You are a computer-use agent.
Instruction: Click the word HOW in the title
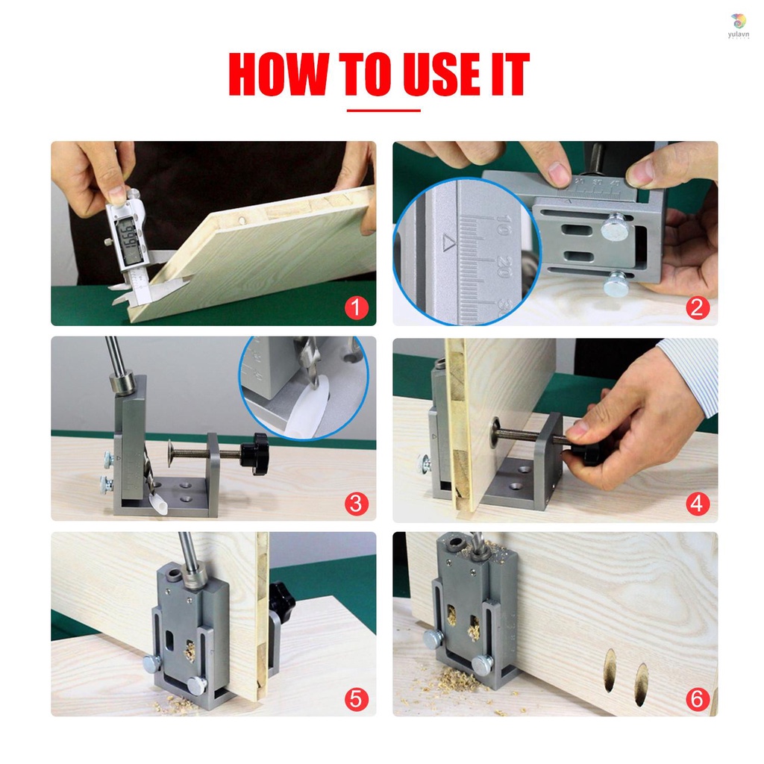coord(278,75)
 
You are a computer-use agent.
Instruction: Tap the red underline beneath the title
coord(383,110)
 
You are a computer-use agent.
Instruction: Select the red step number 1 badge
coord(356,307)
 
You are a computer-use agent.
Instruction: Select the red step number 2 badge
coord(697,307)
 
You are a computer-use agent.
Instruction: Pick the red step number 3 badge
coord(356,504)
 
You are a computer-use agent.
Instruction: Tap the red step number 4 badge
coord(697,504)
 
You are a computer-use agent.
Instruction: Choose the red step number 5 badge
coord(356,699)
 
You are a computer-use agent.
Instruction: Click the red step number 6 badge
coord(697,699)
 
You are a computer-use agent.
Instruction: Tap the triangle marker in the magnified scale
coord(448,242)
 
